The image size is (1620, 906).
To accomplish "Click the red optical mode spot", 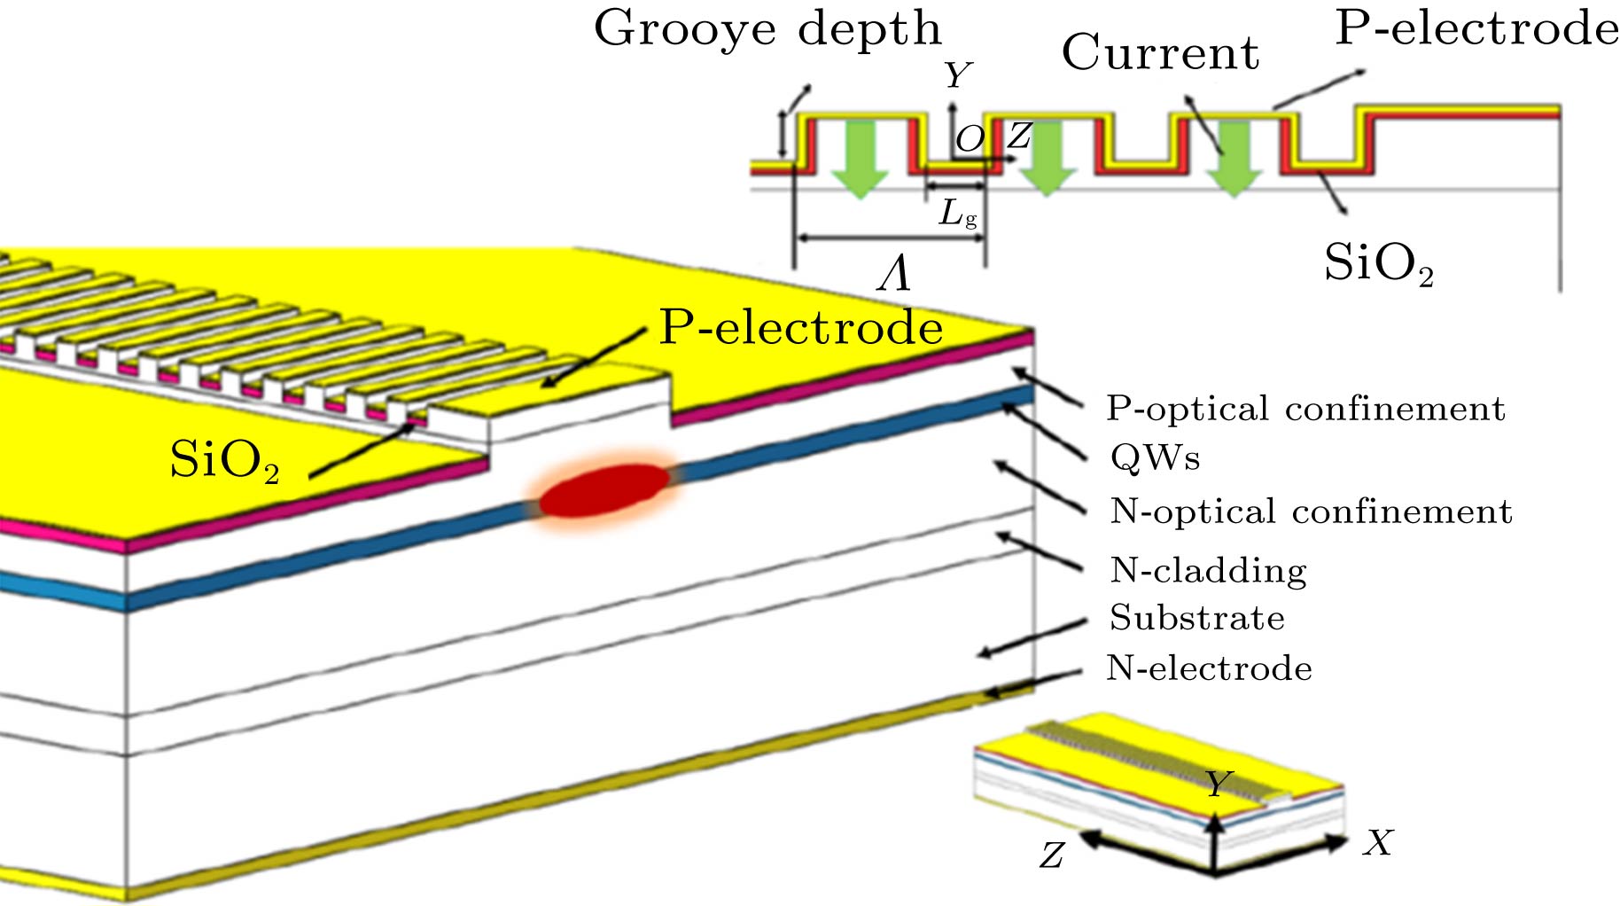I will click(x=604, y=489).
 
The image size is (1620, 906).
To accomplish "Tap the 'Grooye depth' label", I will click(x=767, y=29).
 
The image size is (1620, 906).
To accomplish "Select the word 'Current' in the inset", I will click(x=1160, y=53).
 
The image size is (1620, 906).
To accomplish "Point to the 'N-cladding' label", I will click(x=1208, y=570).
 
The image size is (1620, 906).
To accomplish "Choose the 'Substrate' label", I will click(x=1196, y=618).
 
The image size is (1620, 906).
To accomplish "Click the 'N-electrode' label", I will click(x=1209, y=668).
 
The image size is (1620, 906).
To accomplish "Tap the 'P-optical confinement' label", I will click(x=1305, y=409).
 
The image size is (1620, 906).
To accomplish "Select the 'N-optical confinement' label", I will click(x=1311, y=512).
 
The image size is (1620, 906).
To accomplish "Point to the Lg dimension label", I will click(x=957, y=214).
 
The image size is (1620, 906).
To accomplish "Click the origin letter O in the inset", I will click(x=970, y=139).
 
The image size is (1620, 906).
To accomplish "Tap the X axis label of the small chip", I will click(x=1378, y=843).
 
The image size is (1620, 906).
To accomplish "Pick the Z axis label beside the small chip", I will click(x=1052, y=855).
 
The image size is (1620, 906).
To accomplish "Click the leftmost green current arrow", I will click(x=860, y=158).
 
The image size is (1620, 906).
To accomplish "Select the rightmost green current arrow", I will click(x=1234, y=158).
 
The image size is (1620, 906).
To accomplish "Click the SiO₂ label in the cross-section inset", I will click(x=1378, y=263).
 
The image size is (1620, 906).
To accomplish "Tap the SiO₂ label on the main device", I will click(x=224, y=461).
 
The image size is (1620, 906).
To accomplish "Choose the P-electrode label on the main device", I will click(x=800, y=329).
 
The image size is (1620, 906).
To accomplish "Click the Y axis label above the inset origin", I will click(x=957, y=76).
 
